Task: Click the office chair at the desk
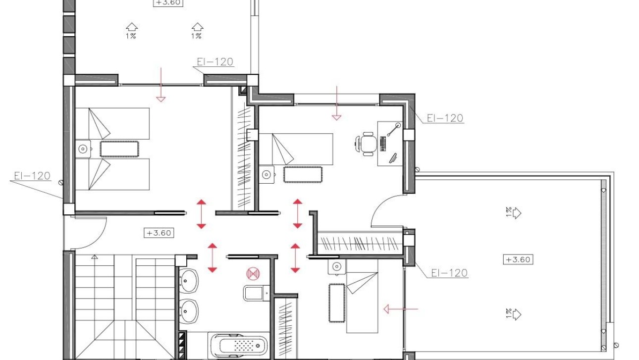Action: tap(368, 144)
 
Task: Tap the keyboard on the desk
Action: tap(383, 144)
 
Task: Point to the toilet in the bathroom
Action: tap(255, 293)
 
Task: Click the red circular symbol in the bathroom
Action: tap(253, 273)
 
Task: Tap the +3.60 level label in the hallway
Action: tap(159, 233)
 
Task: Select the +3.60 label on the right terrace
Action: tap(518, 259)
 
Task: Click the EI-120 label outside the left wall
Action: tap(32, 176)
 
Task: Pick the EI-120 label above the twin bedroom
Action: tap(214, 62)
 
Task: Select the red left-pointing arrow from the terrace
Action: tap(400, 309)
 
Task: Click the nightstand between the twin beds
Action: tap(83, 149)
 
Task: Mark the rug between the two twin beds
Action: tap(119, 149)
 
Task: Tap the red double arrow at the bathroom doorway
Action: tap(213, 258)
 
